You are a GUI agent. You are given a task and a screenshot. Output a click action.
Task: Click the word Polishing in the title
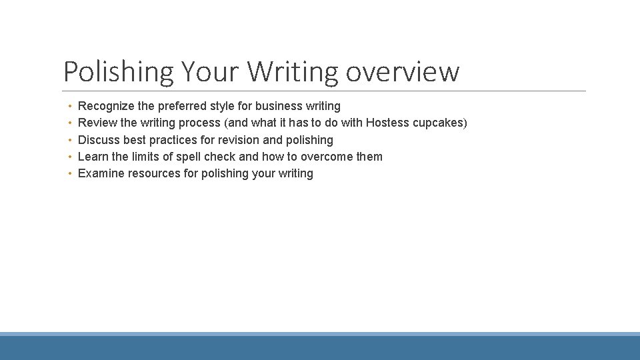[117, 71]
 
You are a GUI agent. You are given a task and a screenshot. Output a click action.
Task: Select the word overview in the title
[403, 71]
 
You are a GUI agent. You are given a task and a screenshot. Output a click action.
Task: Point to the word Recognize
[104, 106]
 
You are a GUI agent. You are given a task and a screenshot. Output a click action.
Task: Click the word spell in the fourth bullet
[188, 157]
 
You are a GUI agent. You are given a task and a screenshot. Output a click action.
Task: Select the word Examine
[101, 173]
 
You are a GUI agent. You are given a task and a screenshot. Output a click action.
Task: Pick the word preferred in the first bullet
[182, 106]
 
